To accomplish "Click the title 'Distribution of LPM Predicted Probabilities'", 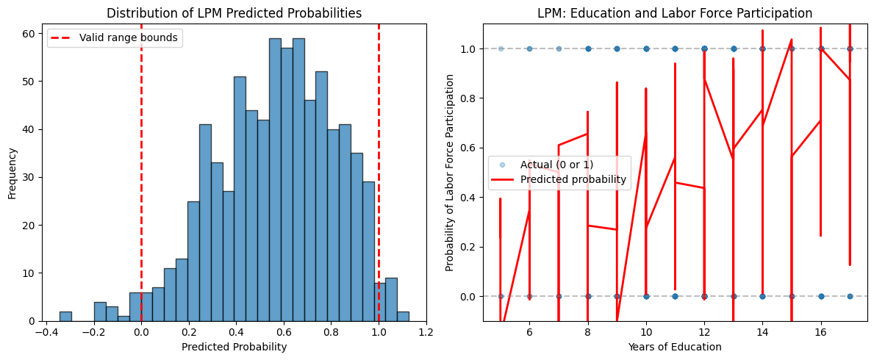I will click(x=234, y=13).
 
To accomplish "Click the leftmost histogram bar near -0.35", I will click(x=65, y=317).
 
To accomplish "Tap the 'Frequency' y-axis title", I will click(x=13, y=173).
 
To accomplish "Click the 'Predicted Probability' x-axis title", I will click(x=234, y=347).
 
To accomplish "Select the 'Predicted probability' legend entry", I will click(x=573, y=179).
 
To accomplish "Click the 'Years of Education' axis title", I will click(x=675, y=347).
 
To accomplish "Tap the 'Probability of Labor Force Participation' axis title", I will click(x=450, y=173).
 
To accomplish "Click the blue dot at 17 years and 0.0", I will click(x=850, y=296).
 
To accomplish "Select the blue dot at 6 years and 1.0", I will click(x=529, y=48).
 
